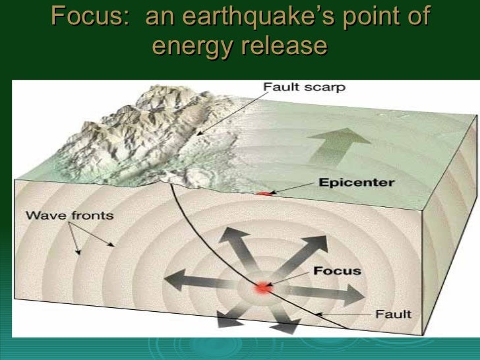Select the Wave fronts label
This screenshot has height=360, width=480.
(x=69, y=216)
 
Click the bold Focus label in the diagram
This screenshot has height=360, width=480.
(x=338, y=270)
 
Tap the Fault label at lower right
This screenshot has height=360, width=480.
(x=393, y=314)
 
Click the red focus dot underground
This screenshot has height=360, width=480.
(x=264, y=288)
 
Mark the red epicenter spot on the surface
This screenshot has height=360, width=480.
(x=264, y=193)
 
